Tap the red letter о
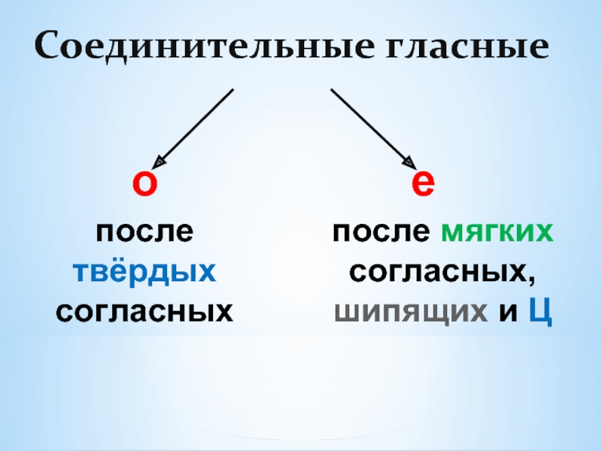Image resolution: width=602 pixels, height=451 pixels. click(144, 184)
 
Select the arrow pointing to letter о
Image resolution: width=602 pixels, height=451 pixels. click(194, 127)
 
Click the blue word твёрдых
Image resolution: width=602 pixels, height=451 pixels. click(144, 270)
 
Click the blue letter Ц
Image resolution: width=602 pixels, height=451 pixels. click(541, 310)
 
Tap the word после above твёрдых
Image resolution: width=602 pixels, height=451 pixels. click(144, 231)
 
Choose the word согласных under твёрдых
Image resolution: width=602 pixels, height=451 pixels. click(144, 310)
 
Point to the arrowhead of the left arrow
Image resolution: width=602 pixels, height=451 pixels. click(160, 162)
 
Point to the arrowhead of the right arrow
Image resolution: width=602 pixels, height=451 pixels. click(409, 162)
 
